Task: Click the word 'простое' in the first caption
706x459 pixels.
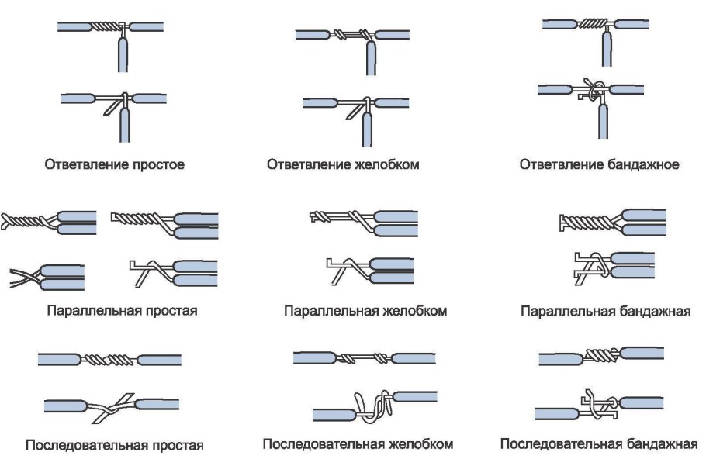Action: [160, 165]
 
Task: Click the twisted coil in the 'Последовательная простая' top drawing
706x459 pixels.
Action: [112, 359]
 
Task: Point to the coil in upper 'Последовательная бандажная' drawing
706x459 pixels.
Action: [600, 355]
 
